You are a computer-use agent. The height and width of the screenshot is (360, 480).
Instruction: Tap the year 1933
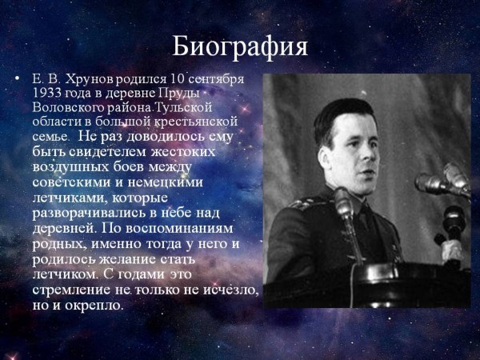[47, 93]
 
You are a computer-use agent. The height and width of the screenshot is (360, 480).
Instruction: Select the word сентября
[216, 79]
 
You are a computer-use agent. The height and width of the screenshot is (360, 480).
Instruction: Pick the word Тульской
[183, 107]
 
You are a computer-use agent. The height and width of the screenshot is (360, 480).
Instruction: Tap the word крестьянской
[196, 122]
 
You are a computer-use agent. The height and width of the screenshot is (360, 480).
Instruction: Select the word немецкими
[165, 182]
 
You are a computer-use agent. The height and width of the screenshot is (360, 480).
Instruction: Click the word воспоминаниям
[179, 229]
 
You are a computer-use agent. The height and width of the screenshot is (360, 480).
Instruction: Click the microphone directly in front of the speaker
[344, 203]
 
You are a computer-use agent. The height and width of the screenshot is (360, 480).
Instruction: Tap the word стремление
[70, 290]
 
